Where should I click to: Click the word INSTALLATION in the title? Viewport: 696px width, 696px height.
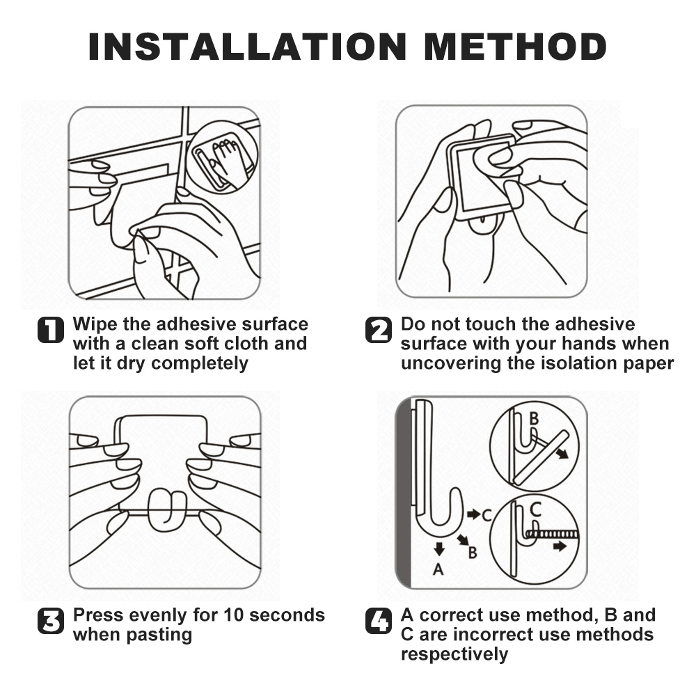248,47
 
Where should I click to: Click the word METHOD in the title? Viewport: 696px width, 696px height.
515,47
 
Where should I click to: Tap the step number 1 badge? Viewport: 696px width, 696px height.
51,330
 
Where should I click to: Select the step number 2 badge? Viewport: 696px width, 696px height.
378,330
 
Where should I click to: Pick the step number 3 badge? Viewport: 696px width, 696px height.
51,621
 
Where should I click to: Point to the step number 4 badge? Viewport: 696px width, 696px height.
378,621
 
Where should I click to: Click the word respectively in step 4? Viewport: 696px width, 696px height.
454,655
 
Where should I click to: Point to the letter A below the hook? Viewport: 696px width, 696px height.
438,569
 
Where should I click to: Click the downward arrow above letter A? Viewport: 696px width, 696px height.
439,549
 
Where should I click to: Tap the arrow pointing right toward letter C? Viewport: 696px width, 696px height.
473,514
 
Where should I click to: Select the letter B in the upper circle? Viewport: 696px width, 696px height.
534,418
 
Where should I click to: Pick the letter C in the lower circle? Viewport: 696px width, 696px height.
536,509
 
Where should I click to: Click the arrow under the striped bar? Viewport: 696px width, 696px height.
560,546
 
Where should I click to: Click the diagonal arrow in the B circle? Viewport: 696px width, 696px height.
562,453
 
